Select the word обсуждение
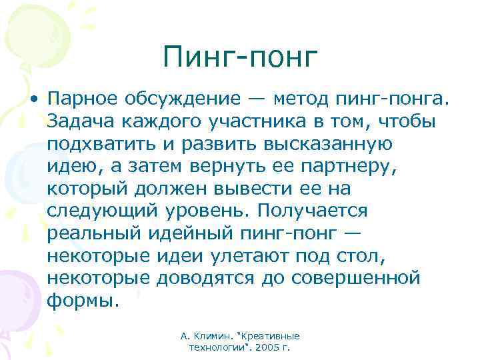coord(189,99)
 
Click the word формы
coord(83,300)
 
